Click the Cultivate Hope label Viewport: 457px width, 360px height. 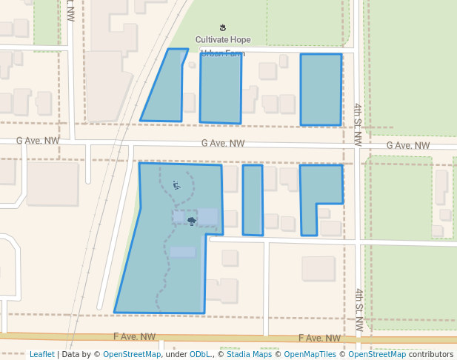click(223, 39)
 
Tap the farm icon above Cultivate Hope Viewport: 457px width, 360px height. click(223, 28)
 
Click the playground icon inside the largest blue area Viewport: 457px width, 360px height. click(176, 185)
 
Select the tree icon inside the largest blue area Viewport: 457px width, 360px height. click(192, 220)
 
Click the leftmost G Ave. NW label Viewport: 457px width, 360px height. click(38, 141)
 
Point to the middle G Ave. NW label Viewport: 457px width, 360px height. click(223, 144)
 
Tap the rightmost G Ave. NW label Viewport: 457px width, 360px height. click(407, 146)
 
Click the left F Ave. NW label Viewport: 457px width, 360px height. click(134, 336)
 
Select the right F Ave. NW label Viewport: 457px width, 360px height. click(320, 338)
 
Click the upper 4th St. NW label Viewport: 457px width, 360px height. click(357, 124)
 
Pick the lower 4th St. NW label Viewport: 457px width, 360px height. click(358, 309)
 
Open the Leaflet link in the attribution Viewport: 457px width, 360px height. click(41, 354)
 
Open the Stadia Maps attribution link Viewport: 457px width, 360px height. click(249, 354)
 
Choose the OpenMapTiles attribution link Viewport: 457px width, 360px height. click(313, 354)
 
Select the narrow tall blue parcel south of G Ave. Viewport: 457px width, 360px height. click(253, 200)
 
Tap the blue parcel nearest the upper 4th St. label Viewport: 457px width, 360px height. click(321, 89)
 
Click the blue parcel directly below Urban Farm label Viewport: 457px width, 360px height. click(221, 89)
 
